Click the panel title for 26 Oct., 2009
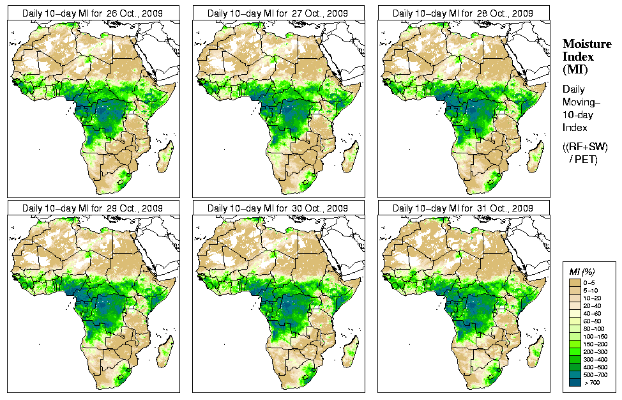coord(93,13)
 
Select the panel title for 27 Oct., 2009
coord(278,13)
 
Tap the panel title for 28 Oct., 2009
coord(463,13)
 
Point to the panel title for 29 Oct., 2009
coord(93,208)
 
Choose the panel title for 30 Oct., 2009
coord(278,208)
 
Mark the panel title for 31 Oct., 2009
coord(463,208)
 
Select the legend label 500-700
coord(596,374)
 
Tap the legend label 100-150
coord(596,335)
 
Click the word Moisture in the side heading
coord(586,43)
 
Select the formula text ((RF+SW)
coord(585,147)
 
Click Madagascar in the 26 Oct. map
coord(165,157)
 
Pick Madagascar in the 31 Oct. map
coord(536,351)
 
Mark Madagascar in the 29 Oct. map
coord(165,351)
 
